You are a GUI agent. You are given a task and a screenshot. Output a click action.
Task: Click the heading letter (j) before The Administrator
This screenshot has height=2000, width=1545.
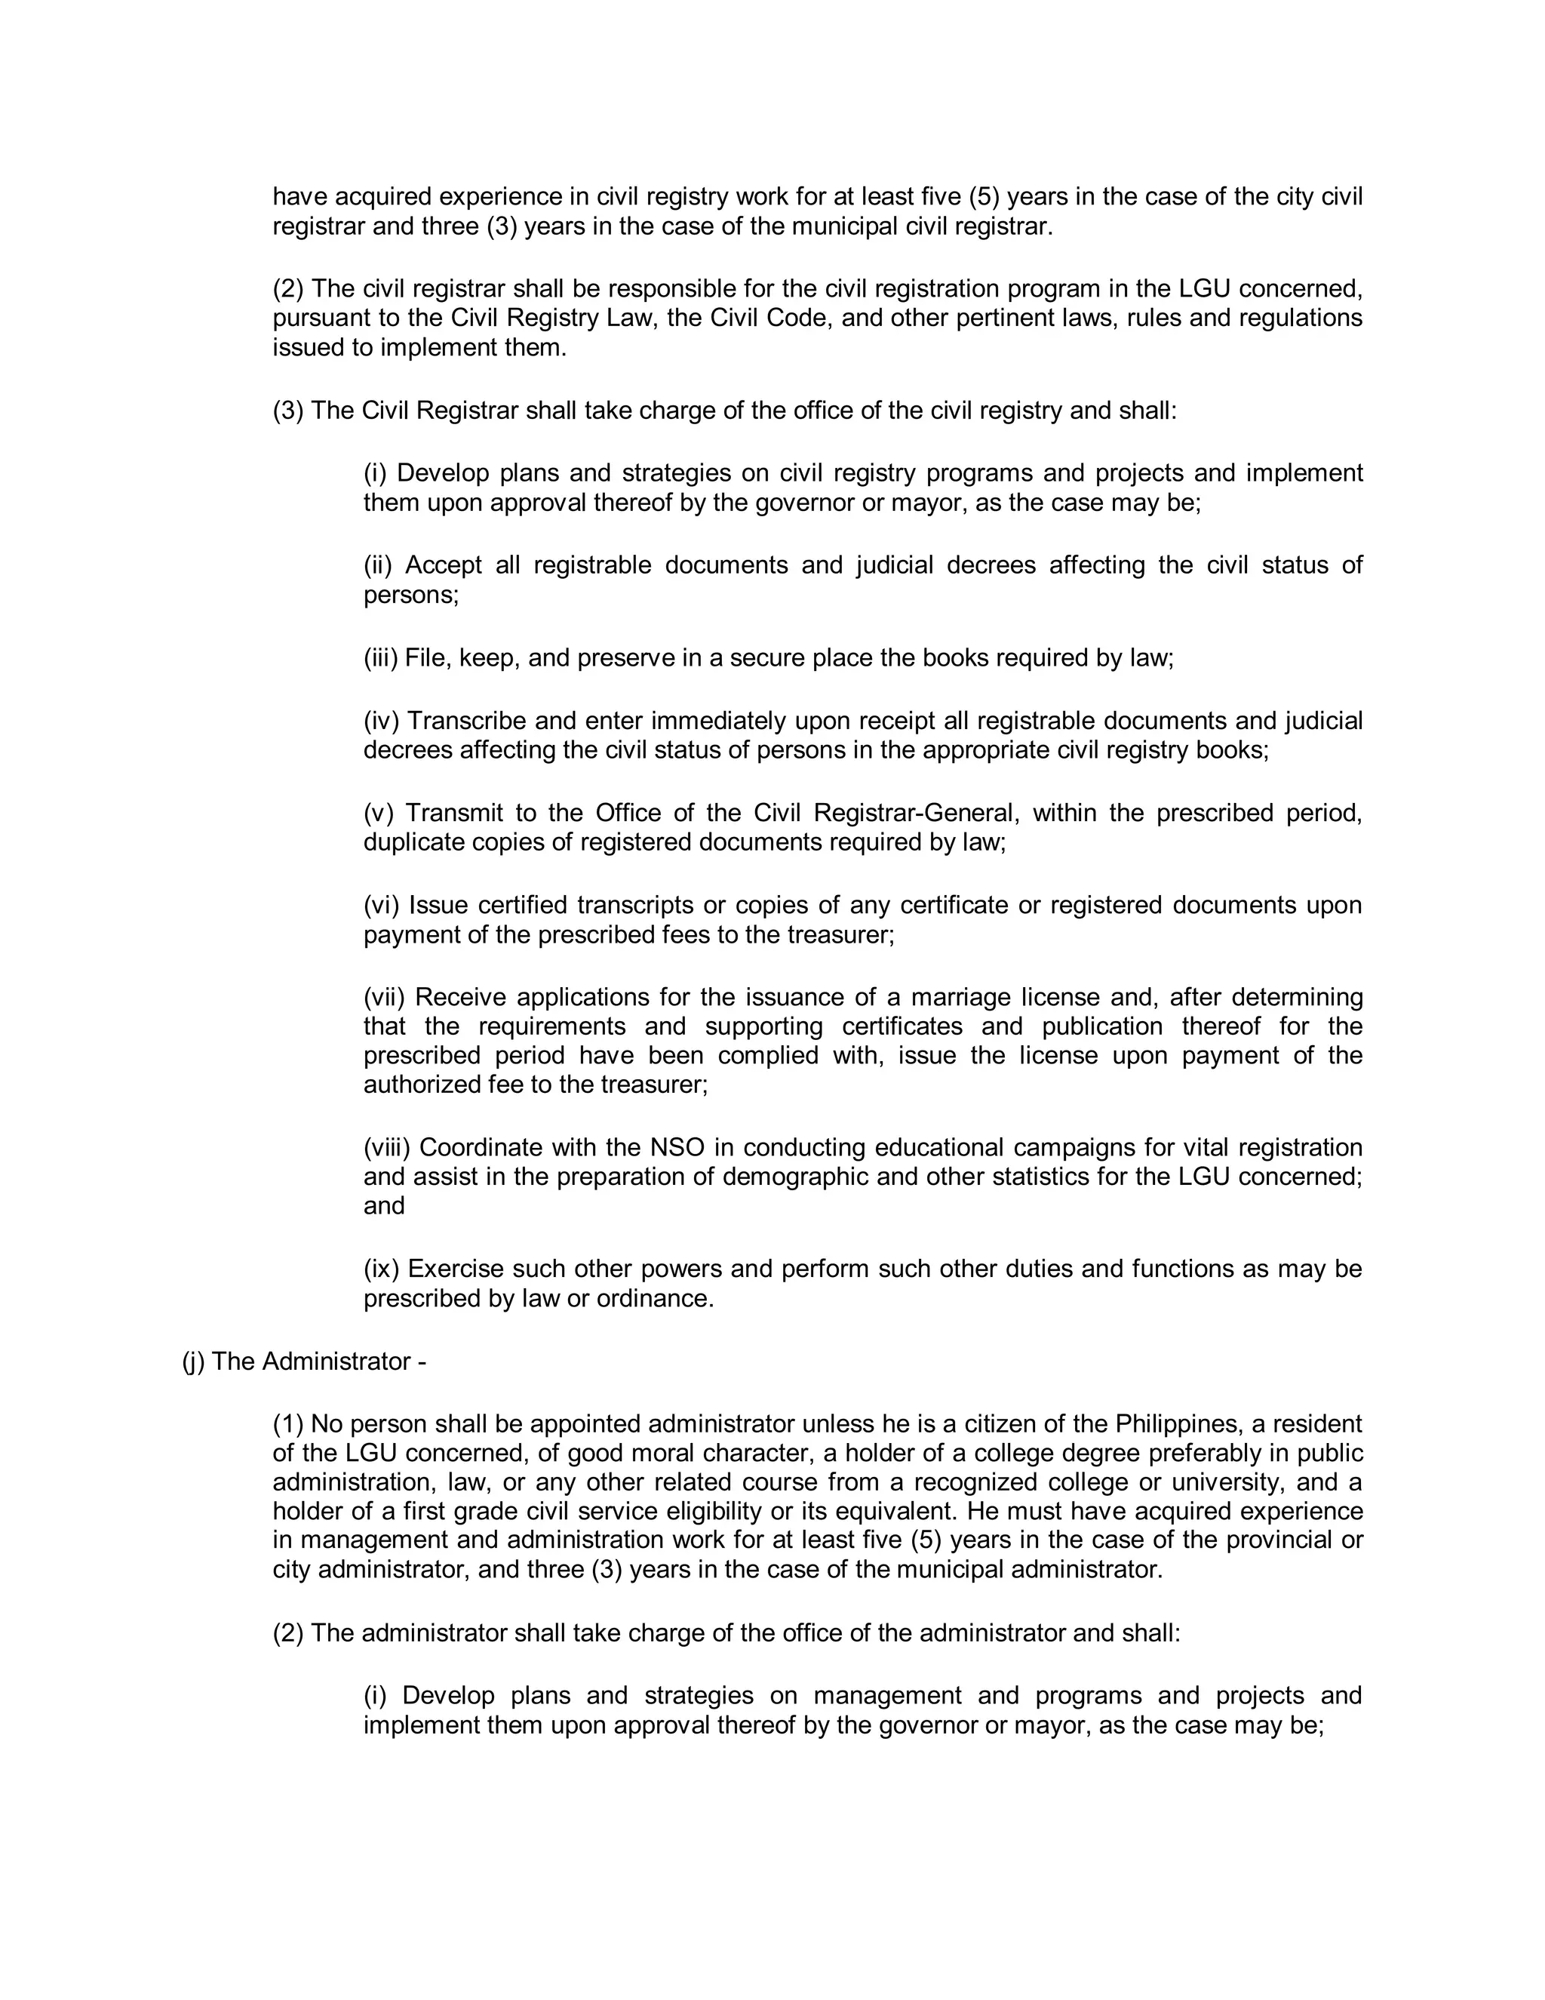(193, 1362)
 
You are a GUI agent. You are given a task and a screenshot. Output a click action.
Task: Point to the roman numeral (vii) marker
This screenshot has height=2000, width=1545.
(383, 996)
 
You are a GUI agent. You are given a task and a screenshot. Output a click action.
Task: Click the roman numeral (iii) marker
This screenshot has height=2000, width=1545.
(381, 657)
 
